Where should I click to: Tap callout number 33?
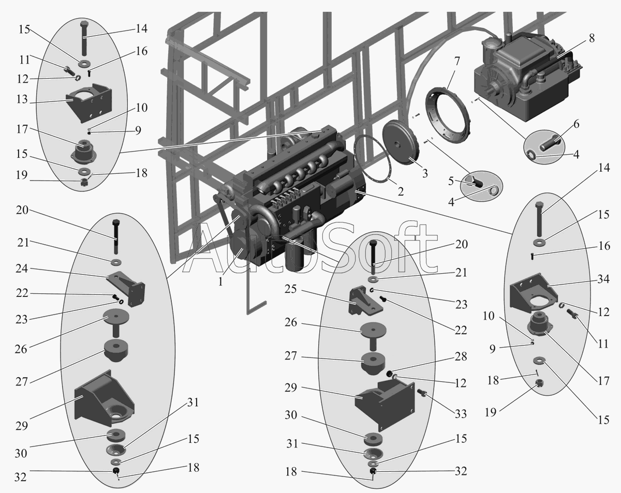pyautogui.click(x=461, y=413)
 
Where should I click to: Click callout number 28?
pyautogui.click(x=461, y=356)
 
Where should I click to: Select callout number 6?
pyautogui.click(x=576, y=124)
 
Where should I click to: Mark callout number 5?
pyautogui.click(x=451, y=181)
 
